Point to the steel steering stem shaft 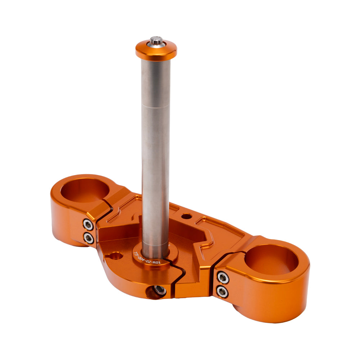click(156, 151)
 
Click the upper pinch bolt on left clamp click(88, 225)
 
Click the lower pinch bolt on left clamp click(89, 238)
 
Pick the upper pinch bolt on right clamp click(223, 278)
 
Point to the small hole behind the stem click(187, 217)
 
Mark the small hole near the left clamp click(115, 257)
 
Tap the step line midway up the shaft click(156, 105)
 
